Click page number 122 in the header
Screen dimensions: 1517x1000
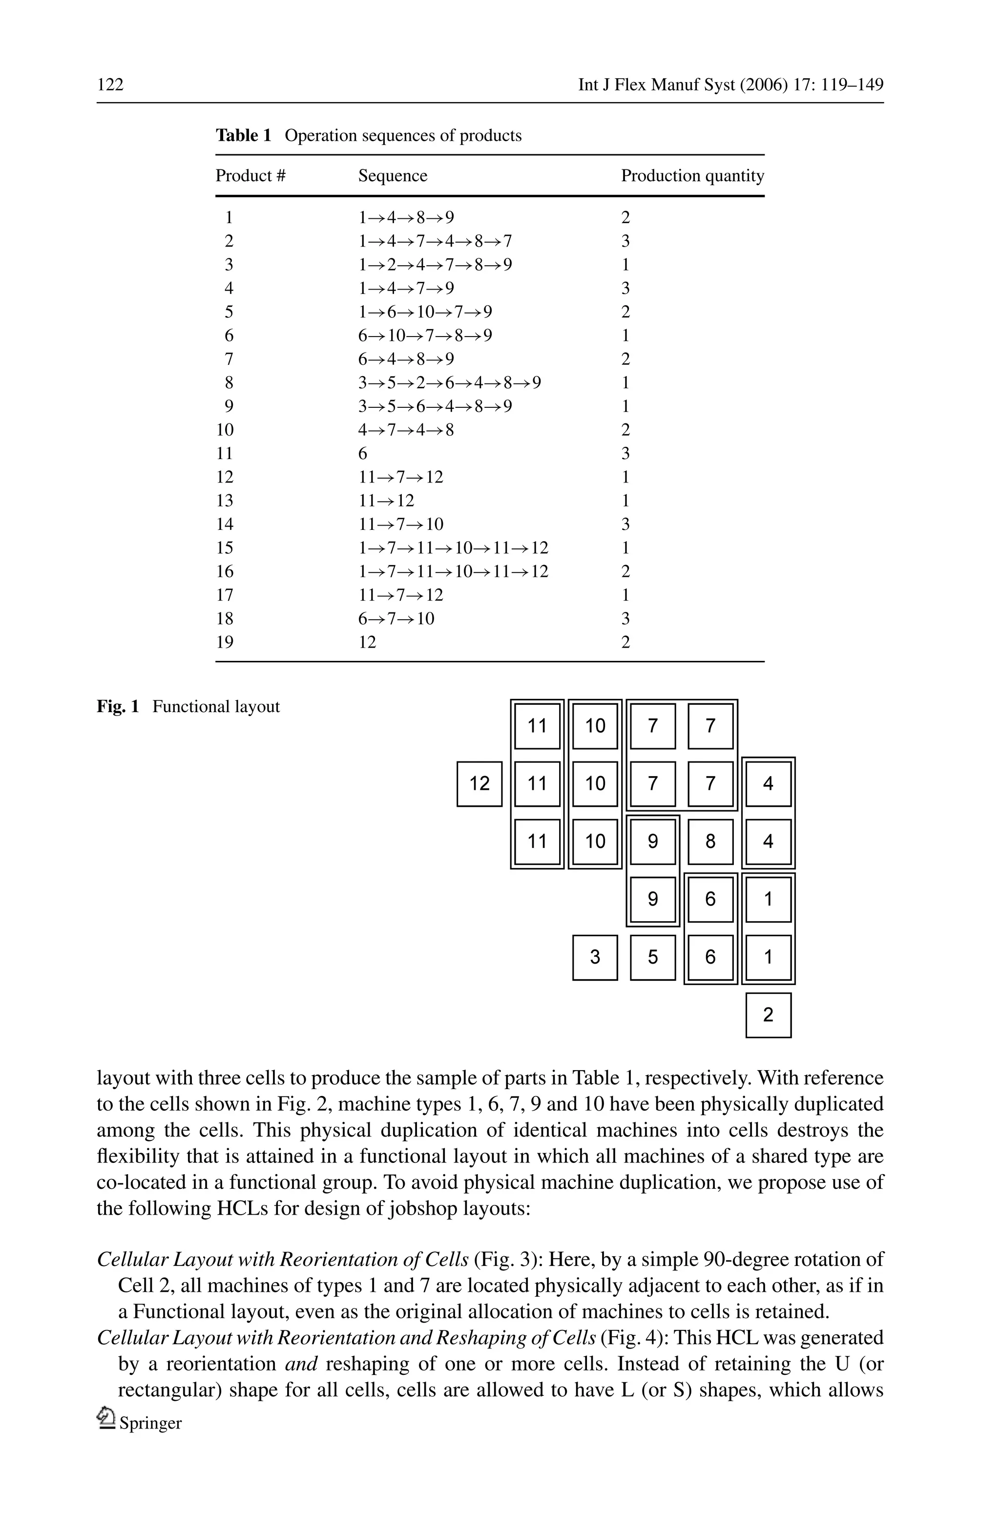(x=110, y=84)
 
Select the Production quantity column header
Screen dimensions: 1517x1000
(x=692, y=175)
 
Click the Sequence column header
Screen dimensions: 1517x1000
(x=392, y=175)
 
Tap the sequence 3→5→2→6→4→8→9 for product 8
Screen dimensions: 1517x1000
(x=449, y=383)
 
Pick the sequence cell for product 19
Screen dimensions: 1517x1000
(x=367, y=642)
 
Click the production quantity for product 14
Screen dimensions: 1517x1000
(x=625, y=525)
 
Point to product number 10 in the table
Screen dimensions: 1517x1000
(x=225, y=430)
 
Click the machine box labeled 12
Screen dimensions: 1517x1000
(x=479, y=783)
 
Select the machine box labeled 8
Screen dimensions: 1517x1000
(x=710, y=842)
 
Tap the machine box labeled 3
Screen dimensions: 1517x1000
(x=595, y=957)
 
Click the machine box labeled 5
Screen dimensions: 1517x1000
(x=652, y=957)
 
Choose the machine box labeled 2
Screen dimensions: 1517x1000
(x=768, y=1015)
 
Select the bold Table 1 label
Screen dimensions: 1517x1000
(x=243, y=135)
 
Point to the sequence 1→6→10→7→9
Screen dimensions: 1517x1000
(x=425, y=312)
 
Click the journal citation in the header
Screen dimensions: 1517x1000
(x=730, y=84)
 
